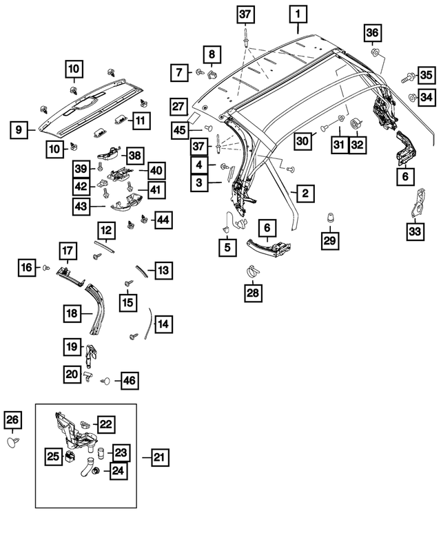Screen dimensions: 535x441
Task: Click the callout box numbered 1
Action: (298, 14)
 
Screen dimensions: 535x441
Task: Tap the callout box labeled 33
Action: (414, 232)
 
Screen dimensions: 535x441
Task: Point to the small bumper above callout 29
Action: (330, 218)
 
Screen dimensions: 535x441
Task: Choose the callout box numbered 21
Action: (159, 457)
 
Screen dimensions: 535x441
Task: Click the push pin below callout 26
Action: (13, 441)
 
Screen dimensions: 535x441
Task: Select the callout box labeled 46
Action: (128, 379)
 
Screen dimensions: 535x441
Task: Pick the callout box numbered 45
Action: (179, 130)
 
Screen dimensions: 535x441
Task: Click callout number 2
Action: (302, 193)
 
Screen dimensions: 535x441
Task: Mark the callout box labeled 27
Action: (179, 106)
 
